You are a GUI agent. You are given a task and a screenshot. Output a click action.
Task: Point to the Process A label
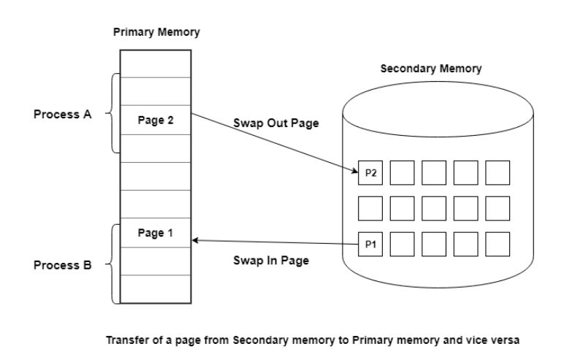(64, 115)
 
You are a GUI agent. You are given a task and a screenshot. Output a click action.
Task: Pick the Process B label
(64, 264)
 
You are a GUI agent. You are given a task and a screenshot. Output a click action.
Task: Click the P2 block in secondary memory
(370, 172)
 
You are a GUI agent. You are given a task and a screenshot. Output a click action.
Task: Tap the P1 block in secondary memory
(370, 244)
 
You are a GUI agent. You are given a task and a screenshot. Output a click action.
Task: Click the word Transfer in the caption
(125, 339)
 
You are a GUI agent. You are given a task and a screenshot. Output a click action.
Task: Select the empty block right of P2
(402, 173)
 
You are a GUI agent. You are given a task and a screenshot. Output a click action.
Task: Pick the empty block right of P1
(402, 244)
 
